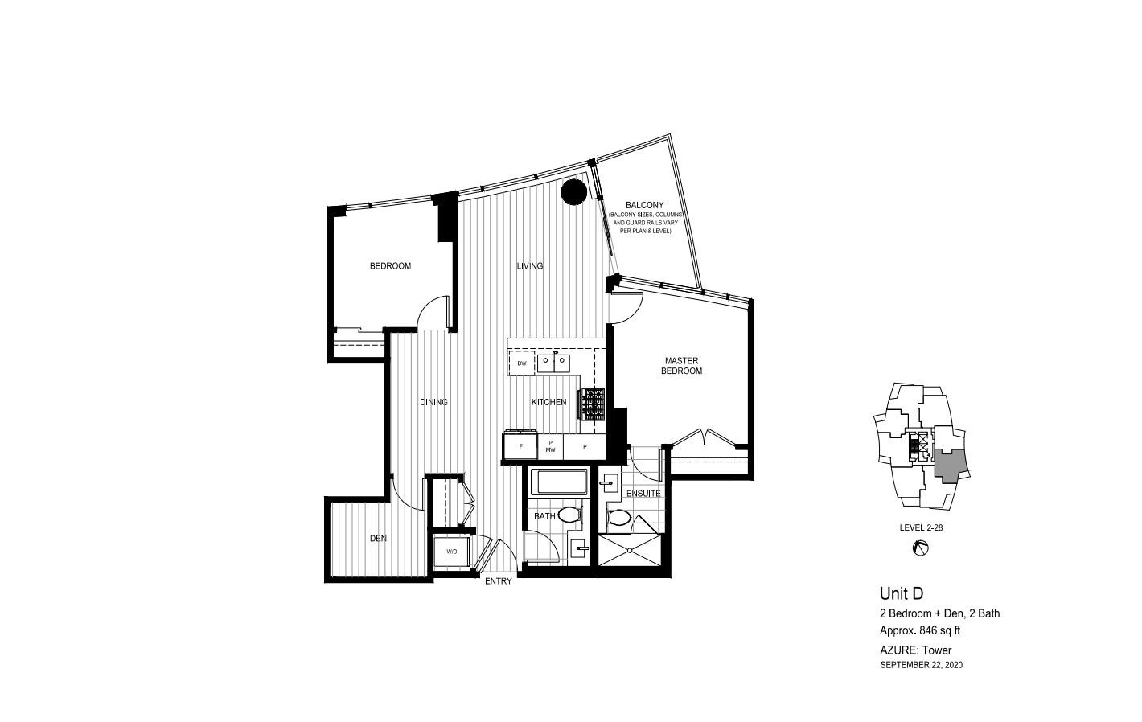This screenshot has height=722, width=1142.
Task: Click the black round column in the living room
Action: click(573, 193)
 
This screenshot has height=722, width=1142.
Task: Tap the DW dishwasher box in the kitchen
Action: click(522, 363)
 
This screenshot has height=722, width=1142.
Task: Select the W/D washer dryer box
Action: click(451, 552)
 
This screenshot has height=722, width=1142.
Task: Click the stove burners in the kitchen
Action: click(594, 405)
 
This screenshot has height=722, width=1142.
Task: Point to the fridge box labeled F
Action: click(521, 446)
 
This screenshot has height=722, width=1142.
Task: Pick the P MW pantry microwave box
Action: click(551, 446)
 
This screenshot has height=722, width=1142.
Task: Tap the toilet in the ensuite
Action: click(618, 518)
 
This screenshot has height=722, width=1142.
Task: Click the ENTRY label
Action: click(499, 581)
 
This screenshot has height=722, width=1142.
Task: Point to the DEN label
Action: click(378, 539)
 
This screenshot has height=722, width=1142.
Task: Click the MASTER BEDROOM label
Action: click(681, 366)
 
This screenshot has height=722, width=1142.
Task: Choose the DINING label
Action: click(433, 402)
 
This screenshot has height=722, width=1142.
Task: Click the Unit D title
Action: click(901, 593)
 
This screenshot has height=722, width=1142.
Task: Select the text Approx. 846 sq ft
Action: click(920, 630)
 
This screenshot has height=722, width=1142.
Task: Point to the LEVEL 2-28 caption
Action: click(921, 527)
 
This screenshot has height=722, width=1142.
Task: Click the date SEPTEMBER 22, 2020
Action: click(921, 665)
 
